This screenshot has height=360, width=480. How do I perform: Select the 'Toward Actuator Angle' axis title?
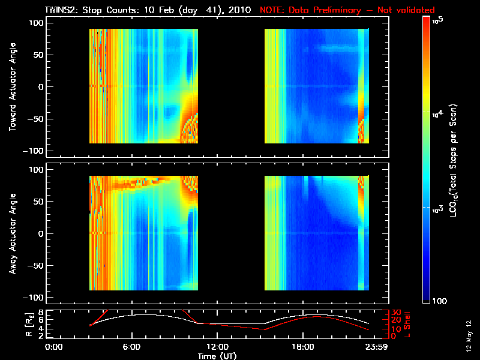(x=12, y=87)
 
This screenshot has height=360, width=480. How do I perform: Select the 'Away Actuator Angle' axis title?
(x=12, y=233)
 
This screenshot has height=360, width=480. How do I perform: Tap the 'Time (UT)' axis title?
(x=217, y=356)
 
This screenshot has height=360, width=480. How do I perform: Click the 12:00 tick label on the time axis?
(x=217, y=347)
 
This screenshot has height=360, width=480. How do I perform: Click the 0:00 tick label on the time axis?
(x=54, y=347)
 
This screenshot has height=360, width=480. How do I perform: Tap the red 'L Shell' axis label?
(x=408, y=325)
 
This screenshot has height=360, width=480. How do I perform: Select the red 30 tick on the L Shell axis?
(x=395, y=313)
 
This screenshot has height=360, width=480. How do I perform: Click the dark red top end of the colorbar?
(x=427, y=20)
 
